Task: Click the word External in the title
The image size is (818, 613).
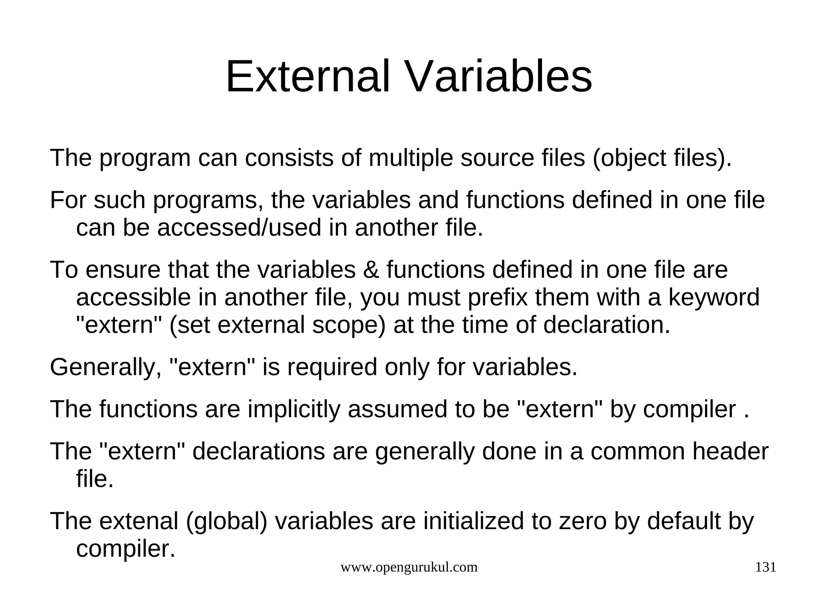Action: point(308,76)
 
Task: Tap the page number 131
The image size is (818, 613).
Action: point(765,567)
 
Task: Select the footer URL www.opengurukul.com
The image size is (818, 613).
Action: point(409,567)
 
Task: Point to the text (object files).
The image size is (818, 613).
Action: point(662,158)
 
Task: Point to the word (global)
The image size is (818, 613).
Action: point(226,521)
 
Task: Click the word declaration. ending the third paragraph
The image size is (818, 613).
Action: point(606,325)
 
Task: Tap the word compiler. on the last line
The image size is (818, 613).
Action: point(126,549)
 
